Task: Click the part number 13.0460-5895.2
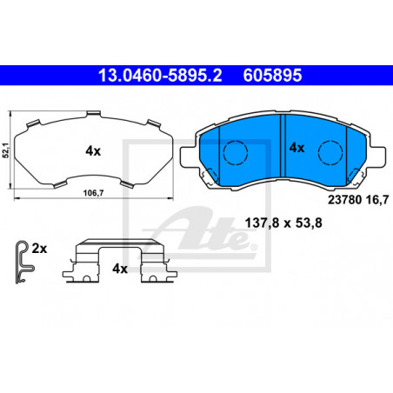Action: tap(160, 76)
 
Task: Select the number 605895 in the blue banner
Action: tap(272, 76)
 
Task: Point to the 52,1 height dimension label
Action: tap(6, 150)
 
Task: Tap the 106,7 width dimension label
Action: tap(93, 193)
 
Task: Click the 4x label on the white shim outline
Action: tap(93, 151)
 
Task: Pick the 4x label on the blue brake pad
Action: tap(296, 148)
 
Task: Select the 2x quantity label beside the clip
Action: tap(39, 249)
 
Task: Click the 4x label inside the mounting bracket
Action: tap(120, 269)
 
